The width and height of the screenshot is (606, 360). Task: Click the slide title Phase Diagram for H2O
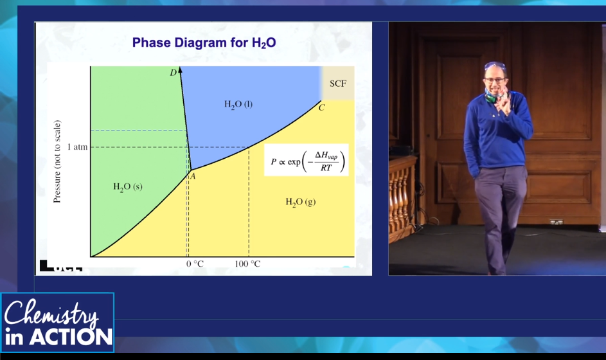(204, 42)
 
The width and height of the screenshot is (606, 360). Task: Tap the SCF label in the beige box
(338, 84)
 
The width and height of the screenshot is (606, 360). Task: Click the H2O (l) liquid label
(238, 104)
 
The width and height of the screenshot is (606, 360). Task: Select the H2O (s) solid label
(128, 187)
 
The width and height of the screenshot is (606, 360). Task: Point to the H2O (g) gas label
(301, 202)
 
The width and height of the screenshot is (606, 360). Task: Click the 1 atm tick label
(77, 147)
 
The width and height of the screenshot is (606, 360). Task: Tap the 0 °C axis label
(195, 264)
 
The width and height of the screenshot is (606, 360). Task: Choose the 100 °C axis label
(247, 264)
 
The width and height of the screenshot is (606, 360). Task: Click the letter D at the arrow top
(173, 73)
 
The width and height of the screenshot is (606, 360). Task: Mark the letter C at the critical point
(321, 107)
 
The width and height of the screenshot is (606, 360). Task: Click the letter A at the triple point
(192, 177)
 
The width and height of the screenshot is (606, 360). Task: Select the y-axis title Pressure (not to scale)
(57, 161)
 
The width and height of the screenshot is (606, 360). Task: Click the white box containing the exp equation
(307, 160)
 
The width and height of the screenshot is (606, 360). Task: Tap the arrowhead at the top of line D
(180, 70)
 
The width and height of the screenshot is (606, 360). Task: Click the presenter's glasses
(495, 80)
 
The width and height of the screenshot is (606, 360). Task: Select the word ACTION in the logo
(71, 337)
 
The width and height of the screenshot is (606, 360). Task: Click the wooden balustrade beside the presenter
(402, 199)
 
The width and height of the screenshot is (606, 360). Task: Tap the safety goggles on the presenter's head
(494, 66)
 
